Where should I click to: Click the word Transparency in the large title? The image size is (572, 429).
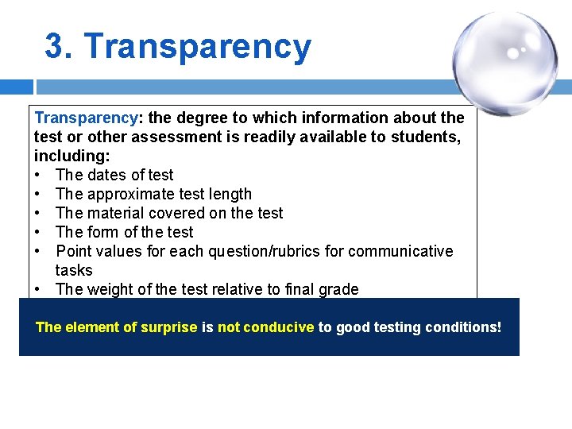pos(198,46)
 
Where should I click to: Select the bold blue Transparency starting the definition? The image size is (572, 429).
pos(86,118)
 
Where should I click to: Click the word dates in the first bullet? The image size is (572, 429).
pos(108,175)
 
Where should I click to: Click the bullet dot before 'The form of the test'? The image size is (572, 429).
pos(38,232)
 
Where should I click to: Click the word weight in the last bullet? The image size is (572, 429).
pos(111,289)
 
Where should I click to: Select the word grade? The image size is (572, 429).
pos(338,289)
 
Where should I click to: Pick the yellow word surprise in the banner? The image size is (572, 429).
pos(168,327)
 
